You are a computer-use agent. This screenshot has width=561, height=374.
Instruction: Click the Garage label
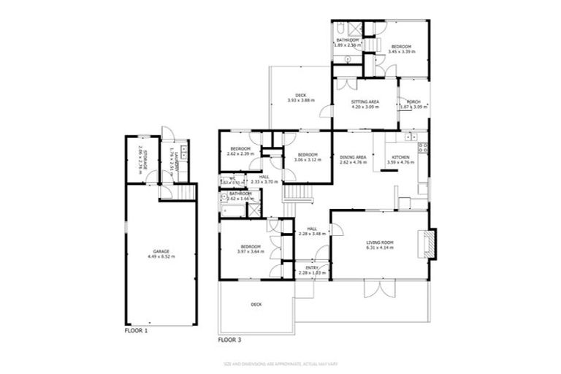161,253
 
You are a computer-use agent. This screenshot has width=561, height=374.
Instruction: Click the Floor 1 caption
136,331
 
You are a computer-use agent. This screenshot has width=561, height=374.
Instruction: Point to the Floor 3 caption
230,340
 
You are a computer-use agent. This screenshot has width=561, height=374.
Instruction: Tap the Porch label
413,104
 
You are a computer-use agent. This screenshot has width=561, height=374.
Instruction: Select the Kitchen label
402,159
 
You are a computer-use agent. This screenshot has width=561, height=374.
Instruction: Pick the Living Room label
380,245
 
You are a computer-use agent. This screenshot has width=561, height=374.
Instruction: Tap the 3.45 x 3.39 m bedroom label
400,49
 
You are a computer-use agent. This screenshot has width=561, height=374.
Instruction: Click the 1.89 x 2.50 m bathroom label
348,42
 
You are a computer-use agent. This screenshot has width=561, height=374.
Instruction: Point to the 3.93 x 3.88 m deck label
300,98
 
